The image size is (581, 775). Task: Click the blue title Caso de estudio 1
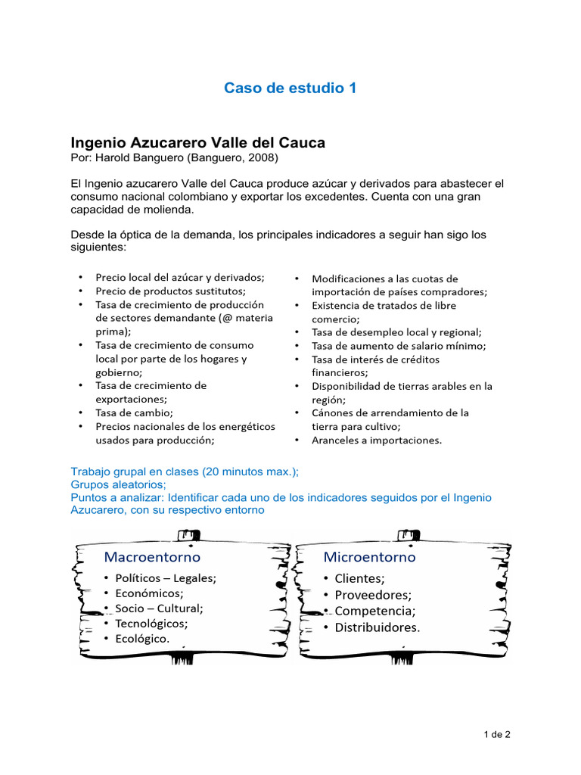click(290, 89)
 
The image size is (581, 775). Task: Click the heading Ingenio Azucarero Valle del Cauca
click(197, 142)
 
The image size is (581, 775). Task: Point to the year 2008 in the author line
click(263, 157)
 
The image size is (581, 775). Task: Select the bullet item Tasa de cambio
click(134, 412)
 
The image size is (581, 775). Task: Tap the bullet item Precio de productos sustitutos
click(170, 291)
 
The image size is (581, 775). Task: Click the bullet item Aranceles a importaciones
click(377, 440)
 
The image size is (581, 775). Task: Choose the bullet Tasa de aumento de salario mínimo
click(399, 345)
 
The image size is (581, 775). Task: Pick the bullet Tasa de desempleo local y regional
click(396, 331)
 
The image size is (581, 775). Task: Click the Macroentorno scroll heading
click(152, 557)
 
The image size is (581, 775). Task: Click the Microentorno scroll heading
click(369, 557)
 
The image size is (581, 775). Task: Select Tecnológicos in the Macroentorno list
click(151, 624)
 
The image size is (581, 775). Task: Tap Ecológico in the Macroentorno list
click(142, 639)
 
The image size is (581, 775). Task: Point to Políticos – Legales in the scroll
click(165, 578)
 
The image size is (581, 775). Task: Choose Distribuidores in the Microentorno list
click(377, 627)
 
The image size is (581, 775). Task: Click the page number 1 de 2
click(498, 734)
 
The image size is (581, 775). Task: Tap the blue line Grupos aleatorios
click(119, 484)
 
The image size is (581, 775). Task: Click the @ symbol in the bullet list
click(226, 318)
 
